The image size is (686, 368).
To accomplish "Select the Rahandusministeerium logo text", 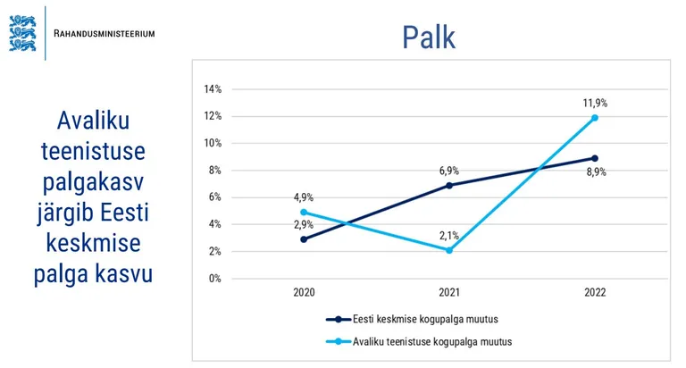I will pos(105,33).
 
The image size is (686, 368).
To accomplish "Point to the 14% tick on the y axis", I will pos(213,89).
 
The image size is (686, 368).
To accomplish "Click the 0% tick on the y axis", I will pos(215,279).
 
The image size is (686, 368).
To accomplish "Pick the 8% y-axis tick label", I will pos(215,171).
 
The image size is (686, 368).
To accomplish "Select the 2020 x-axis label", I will pos(304,293).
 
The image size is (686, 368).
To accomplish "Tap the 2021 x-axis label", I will pos(448,293).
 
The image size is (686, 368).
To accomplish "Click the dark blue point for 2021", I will pos(448,185).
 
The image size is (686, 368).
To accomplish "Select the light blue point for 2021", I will pos(448,250).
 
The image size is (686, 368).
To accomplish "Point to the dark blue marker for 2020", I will pos(304,239).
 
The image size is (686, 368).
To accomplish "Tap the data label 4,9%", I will pos(304,197).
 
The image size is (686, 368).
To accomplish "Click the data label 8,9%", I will pos(596,172).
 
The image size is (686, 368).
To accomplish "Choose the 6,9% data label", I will pos(448,170).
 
